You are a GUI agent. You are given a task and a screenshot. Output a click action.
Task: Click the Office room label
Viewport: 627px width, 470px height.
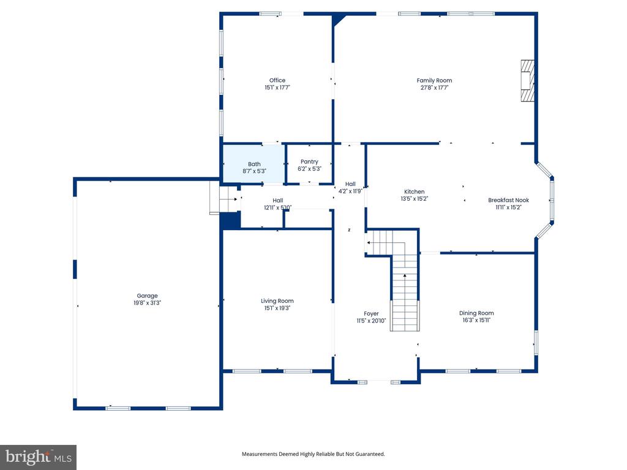pos(277,80)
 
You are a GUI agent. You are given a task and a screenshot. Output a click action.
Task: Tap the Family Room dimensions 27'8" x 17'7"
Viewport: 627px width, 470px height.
pos(434,88)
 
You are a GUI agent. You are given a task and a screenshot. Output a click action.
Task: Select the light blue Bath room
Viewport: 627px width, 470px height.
pos(253,164)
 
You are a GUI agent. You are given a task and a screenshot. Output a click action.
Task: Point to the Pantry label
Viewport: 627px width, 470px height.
pos(309,162)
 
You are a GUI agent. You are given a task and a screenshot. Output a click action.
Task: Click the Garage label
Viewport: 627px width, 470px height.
pos(147,296)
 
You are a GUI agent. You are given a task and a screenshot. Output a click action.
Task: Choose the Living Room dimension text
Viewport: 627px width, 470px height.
pos(277,308)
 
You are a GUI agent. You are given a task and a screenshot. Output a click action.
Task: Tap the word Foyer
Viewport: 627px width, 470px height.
pos(371,314)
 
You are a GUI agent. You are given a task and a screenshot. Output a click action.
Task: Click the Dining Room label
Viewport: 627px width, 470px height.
pos(476,313)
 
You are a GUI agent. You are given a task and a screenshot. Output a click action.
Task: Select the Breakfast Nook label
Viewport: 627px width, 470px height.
pos(508,200)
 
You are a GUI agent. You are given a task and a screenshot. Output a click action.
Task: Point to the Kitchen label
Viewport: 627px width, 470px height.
pos(415,192)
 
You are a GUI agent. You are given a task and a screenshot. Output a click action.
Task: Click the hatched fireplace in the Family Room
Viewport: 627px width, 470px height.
pos(527,80)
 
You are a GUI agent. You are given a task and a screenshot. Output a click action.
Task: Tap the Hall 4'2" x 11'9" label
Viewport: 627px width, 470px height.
pos(350,187)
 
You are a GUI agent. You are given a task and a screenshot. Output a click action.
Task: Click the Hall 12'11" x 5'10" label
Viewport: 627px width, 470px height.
pos(277,204)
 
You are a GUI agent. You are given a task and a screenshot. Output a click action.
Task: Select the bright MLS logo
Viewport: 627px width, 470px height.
pos(39,457)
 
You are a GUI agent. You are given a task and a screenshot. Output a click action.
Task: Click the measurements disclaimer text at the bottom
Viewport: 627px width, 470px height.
pos(313,454)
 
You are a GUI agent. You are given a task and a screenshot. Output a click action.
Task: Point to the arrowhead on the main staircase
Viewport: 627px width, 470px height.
pos(405,276)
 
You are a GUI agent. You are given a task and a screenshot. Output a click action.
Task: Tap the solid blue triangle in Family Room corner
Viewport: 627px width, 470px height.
pos(338,19)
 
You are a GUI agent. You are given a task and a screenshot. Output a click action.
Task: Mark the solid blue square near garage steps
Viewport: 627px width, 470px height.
pos(231,220)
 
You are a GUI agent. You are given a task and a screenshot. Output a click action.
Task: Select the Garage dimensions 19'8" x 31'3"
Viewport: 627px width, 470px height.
pos(147,303)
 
